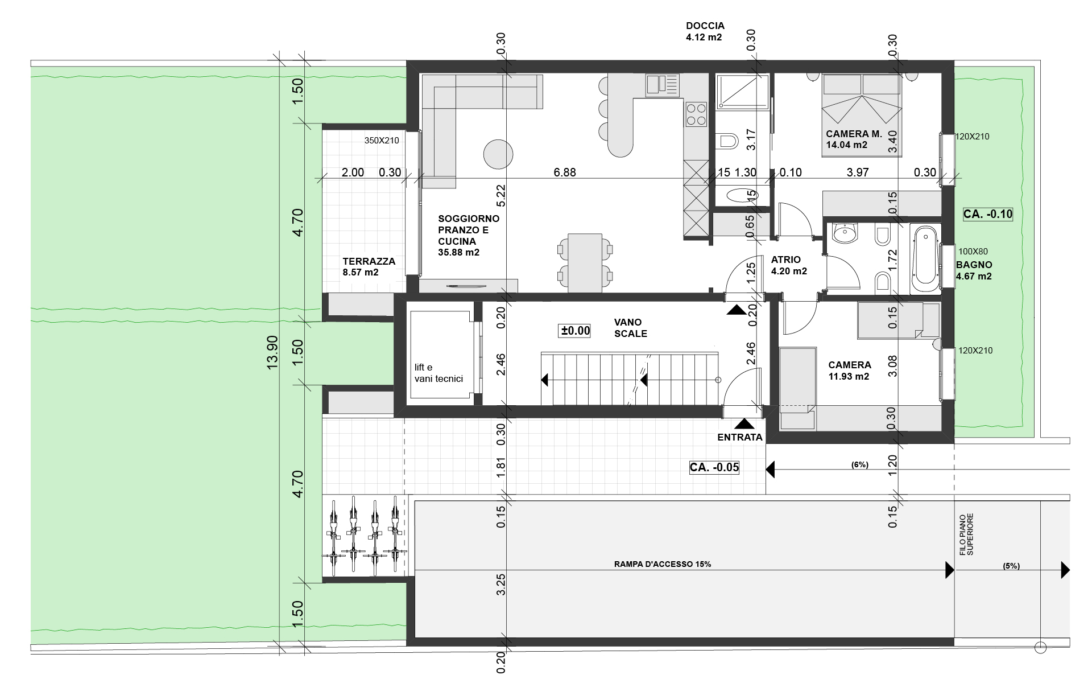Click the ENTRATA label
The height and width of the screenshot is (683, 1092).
pos(739,437)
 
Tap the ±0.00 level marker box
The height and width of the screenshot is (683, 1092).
pos(576,331)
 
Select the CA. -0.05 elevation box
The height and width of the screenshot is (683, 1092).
pos(714,468)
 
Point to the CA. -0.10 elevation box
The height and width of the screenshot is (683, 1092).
pos(988,214)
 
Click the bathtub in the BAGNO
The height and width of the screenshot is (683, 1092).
pos(925,258)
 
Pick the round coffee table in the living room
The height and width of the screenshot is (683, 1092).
pos(498,154)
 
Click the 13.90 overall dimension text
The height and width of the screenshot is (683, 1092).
pos(272,352)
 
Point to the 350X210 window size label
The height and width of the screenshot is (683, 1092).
pos(382,141)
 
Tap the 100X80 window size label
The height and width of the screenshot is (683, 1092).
pos(973,251)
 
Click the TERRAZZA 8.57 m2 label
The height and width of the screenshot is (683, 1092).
pos(369,267)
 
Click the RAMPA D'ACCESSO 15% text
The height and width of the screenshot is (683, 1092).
pos(663,565)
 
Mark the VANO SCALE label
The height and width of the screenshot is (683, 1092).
pos(630,328)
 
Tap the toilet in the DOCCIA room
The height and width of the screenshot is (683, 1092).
pos(726,140)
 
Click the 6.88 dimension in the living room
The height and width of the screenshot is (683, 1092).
pos(565,172)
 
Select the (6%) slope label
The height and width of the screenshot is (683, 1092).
pos(859,464)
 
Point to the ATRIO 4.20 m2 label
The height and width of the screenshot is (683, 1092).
pos(789,266)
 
